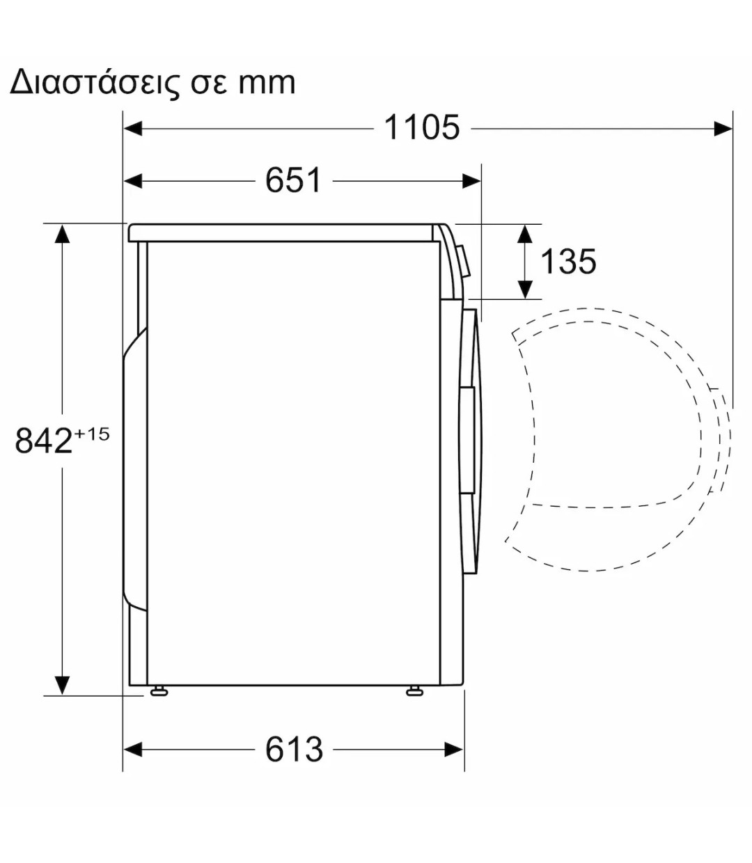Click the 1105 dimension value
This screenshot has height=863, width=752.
pos(422,128)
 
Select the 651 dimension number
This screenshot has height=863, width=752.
pos(293,180)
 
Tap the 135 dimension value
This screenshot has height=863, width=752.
pos(568,262)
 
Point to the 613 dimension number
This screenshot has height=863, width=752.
pos(294,750)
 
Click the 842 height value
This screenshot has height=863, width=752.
pos(43,441)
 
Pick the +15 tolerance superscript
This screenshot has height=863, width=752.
pos(92,434)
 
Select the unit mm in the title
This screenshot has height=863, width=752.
pos(267,83)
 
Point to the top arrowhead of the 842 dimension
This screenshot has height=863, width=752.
pos(63,234)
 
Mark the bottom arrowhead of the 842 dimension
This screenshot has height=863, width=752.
pos(63,685)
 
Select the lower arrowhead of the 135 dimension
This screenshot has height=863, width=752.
pos(526,289)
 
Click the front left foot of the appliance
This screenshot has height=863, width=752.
pos(159,691)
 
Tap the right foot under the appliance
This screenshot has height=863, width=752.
pos(416,691)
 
